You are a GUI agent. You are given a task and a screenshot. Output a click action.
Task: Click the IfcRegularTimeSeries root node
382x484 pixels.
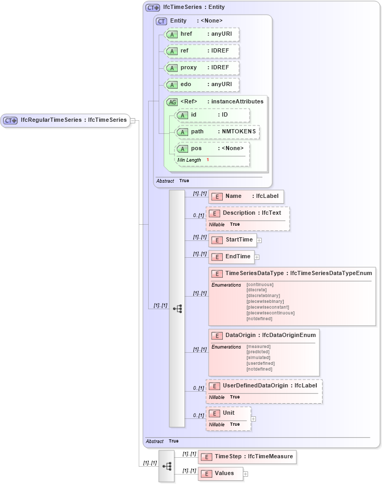point(65,120)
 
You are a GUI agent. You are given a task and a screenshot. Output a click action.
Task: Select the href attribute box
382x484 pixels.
point(202,34)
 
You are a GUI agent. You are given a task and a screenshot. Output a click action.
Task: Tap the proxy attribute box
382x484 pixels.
point(202,68)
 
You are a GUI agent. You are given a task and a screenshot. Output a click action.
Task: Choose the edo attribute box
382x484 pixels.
point(202,85)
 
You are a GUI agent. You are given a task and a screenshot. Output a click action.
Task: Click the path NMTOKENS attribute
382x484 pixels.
point(218,131)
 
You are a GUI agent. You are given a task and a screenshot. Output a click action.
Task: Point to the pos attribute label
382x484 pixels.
point(197,149)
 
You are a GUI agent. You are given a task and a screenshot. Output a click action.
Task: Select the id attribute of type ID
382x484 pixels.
point(212,114)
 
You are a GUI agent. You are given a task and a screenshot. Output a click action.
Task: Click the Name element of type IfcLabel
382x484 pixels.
point(246,196)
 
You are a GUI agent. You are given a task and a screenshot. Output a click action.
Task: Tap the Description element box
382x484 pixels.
point(247,213)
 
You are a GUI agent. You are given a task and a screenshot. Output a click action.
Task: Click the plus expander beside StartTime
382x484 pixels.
point(259,240)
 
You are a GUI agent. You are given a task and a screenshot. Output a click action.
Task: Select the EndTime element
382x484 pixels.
point(232,257)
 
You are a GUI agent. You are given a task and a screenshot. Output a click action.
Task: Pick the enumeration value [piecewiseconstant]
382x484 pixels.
point(267,307)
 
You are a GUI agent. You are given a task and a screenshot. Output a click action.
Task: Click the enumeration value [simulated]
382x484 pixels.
point(259,357)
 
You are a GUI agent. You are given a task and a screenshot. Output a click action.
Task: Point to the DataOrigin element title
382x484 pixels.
point(240,335)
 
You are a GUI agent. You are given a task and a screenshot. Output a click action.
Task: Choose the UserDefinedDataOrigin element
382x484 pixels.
point(264,386)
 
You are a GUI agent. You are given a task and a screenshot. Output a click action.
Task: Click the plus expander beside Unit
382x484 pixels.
point(253,419)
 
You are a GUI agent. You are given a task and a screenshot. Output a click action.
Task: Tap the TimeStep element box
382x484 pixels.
point(247,457)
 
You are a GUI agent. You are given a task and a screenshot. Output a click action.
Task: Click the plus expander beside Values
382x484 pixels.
point(245,474)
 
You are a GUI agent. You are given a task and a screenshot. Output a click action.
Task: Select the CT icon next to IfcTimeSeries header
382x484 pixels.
point(153,7)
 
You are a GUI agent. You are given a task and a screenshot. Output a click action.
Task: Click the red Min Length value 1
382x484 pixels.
point(208,160)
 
